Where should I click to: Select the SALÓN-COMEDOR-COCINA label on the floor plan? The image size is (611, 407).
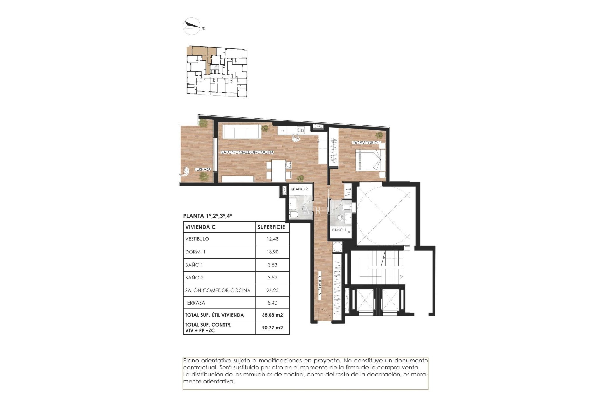pyautogui.click(x=247, y=152)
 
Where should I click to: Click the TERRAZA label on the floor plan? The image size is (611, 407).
pyautogui.click(x=203, y=169)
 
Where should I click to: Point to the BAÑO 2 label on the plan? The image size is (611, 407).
pyautogui.click(x=300, y=189)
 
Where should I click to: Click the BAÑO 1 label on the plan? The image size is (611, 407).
pyautogui.click(x=339, y=230)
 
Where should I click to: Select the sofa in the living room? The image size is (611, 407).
pyautogui.click(x=242, y=131)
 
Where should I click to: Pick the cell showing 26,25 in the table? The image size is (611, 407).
pyautogui.click(x=272, y=290)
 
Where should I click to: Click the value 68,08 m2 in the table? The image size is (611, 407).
pyautogui.click(x=272, y=315)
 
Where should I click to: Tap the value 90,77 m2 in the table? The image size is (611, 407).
pyautogui.click(x=272, y=328)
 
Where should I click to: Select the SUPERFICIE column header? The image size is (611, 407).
pyautogui.click(x=271, y=227)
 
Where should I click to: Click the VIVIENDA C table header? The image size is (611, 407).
pyautogui.click(x=200, y=227)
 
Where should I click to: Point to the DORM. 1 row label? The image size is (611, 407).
pyautogui.click(x=195, y=252)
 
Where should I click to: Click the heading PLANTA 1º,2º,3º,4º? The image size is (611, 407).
pyautogui.click(x=207, y=216)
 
